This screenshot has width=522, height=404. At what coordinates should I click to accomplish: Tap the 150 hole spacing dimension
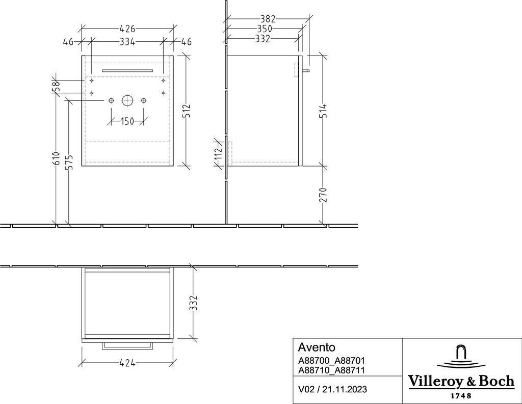(x=127, y=121)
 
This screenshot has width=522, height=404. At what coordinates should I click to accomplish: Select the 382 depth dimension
(x=266, y=19)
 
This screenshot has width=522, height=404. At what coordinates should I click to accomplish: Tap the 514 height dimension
(x=323, y=111)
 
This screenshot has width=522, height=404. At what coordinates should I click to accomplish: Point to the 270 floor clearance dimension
(x=323, y=195)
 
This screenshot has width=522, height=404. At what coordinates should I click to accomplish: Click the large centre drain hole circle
(x=127, y=100)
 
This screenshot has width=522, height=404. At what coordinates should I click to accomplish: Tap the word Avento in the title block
(x=316, y=348)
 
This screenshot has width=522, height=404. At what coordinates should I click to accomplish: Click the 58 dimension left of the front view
(x=56, y=87)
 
